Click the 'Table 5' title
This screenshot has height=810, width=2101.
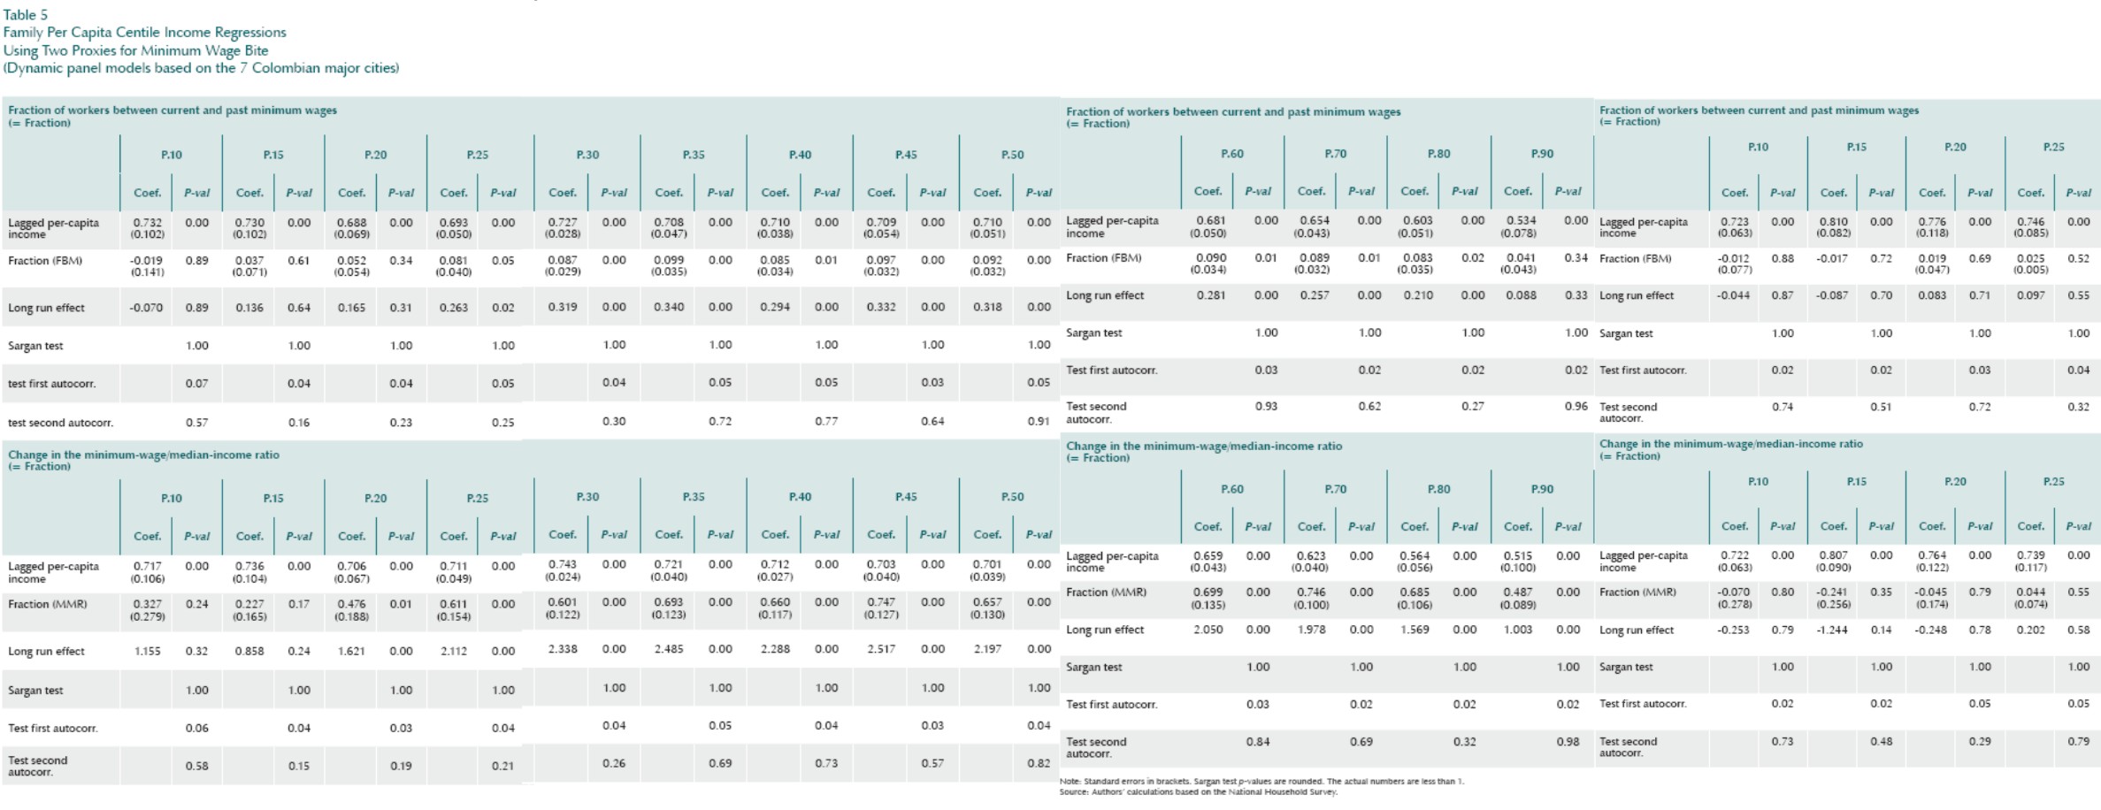tap(26, 14)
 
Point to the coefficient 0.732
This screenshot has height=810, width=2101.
tap(147, 223)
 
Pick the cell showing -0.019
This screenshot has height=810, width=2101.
tap(147, 261)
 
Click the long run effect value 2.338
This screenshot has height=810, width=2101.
tap(563, 649)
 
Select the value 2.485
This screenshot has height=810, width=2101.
tap(669, 649)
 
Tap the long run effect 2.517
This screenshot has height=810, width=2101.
tap(881, 649)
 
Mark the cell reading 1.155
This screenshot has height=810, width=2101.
tap(147, 652)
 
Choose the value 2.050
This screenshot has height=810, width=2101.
tap(1208, 630)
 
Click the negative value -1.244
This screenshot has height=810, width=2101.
tap(1832, 630)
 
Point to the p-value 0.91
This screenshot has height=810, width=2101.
tap(1039, 422)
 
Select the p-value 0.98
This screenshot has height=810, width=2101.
tap(1568, 742)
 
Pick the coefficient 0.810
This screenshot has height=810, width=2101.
tap(1833, 222)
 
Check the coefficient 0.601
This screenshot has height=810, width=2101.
tap(563, 602)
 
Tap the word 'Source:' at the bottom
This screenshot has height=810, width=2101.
tap(1074, 792)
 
